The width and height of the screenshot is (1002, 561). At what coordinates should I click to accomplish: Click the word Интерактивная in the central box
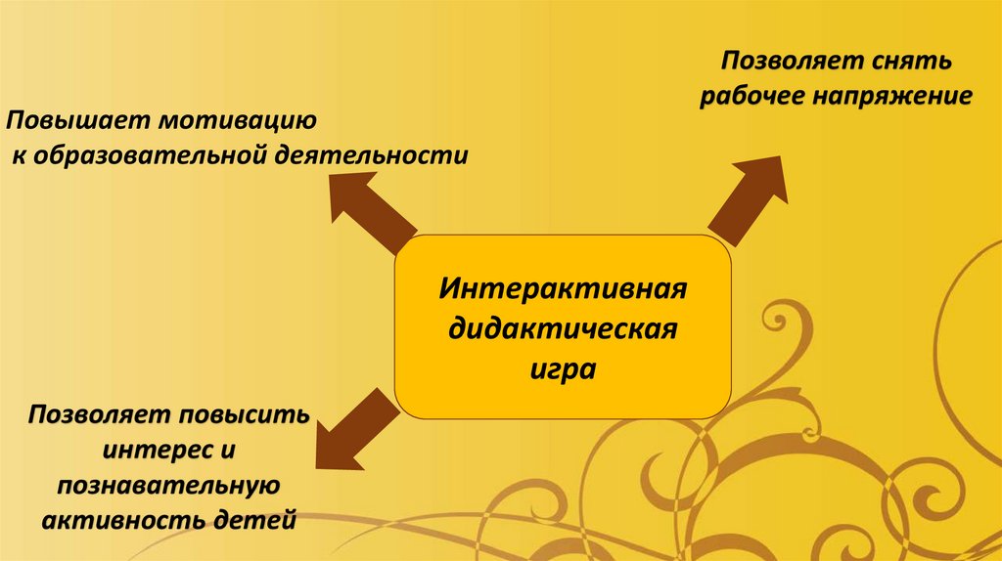(x=562, y=291)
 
